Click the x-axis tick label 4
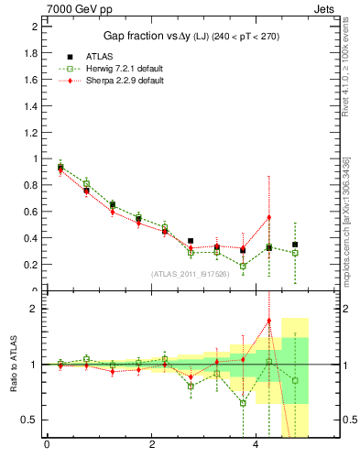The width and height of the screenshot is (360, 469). tap(256, 445)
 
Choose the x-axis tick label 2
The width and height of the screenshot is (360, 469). tap(151, 445)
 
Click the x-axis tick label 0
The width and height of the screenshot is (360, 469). tap(46, 445)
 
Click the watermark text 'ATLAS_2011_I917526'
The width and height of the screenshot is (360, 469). tap(190, 273)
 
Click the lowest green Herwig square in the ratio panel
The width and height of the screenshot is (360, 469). tap(243, 403)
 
